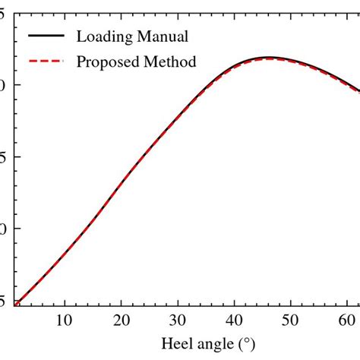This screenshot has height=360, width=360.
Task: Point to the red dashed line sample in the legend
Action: pos(45,62)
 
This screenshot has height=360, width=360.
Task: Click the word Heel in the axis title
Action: pos(178,344)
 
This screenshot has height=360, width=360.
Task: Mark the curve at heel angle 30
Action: pos(179,117)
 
